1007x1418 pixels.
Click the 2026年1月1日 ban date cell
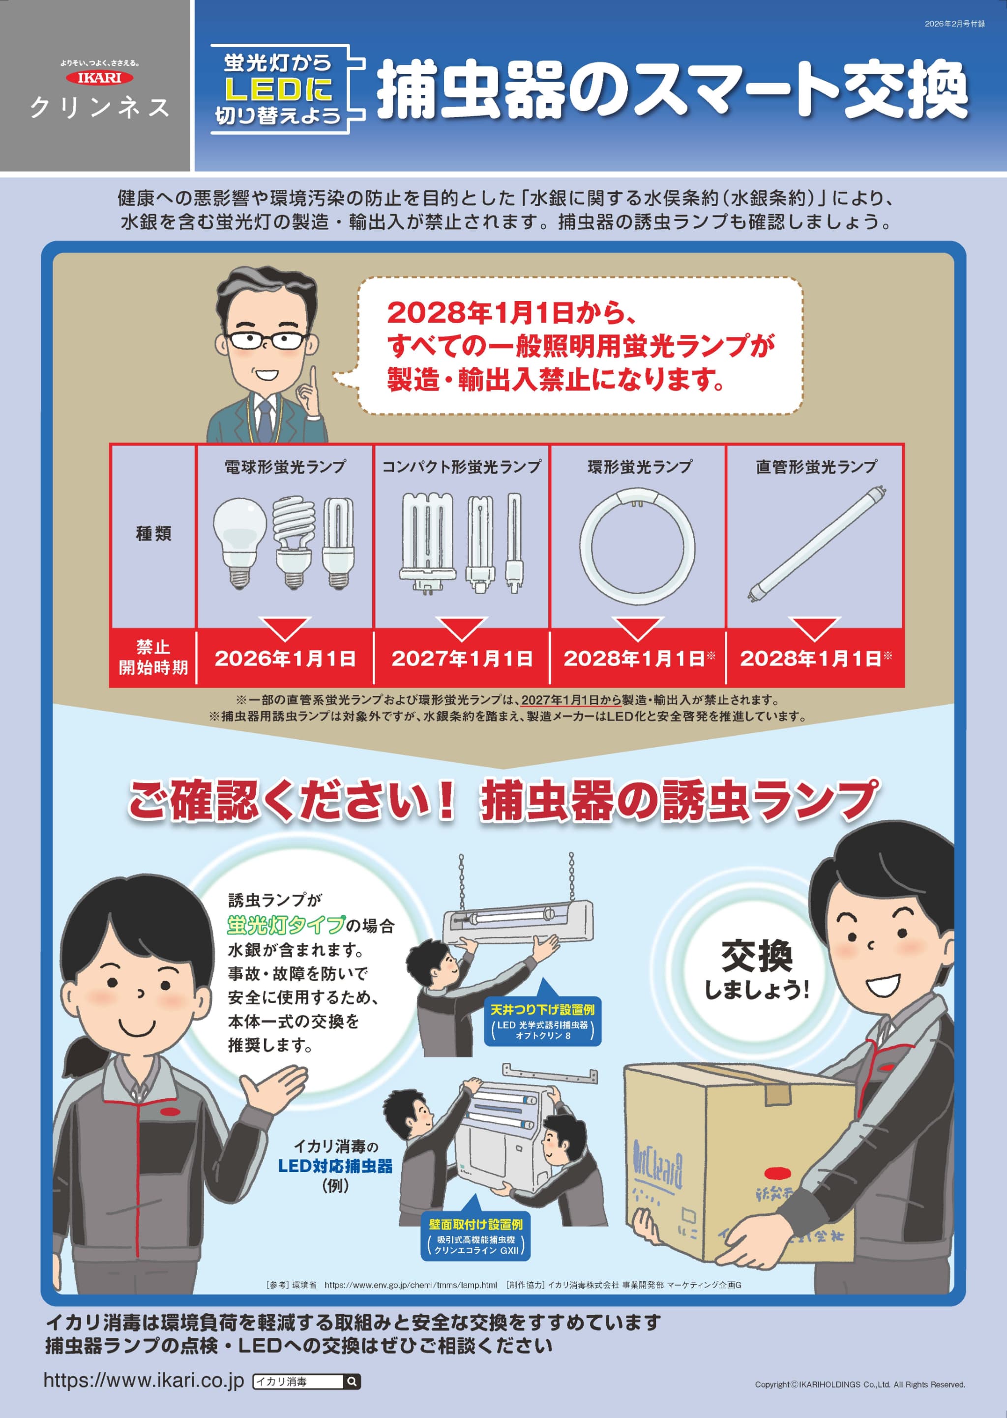(285, 658)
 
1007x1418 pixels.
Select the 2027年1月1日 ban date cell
(462, 658)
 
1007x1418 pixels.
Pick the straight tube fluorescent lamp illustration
(817, 544)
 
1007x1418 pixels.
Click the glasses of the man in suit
(266, 340)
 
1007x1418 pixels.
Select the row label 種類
(153, 534)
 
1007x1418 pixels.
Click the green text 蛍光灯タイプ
(285, 925)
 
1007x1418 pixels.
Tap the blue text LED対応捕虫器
(335, 1166)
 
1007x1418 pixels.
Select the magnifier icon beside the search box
(352, 1382)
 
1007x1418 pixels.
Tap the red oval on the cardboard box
(777, 1173)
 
